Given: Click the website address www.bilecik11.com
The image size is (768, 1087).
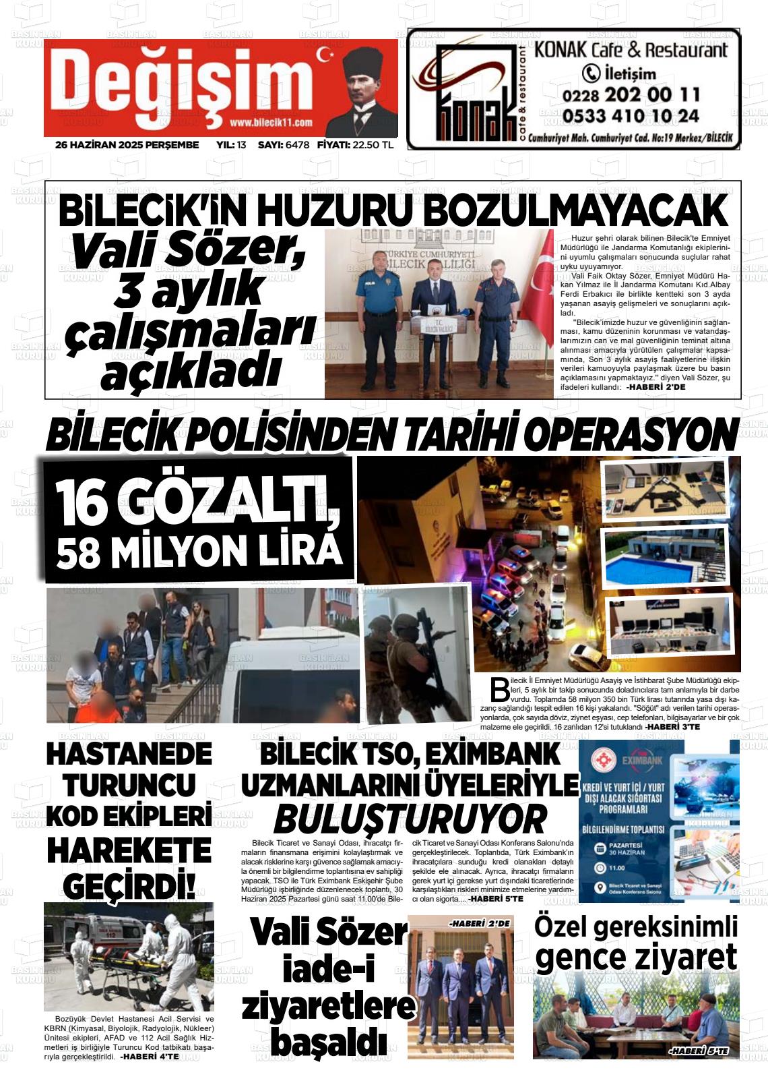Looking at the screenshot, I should coord(271,122).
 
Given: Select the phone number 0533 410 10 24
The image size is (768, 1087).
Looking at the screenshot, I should coord(631,116).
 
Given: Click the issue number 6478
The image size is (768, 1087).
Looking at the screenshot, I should coord(297,145).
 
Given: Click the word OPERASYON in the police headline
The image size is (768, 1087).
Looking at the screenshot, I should coord(631,435).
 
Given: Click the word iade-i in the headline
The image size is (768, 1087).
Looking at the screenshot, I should coord(329,970).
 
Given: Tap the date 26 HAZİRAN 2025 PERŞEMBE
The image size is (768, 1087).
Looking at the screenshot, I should coord(127,145).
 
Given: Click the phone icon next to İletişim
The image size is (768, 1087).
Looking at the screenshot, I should coord(591,73).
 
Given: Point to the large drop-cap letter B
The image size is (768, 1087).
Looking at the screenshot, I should coord(500,689).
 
